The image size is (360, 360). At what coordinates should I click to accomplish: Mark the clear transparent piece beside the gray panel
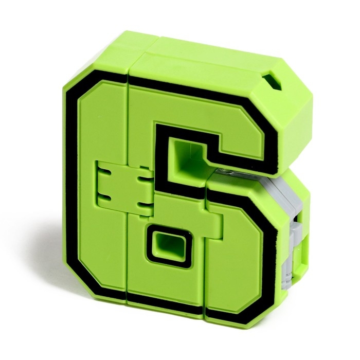click(224, 172)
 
